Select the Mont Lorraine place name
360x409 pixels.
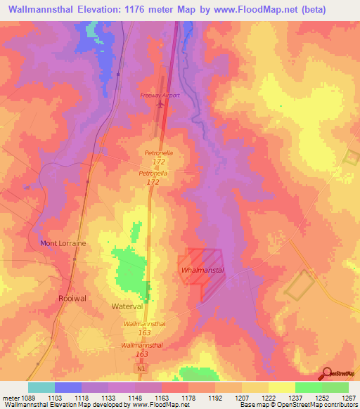[63, 243]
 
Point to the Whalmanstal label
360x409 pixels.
[202, 271]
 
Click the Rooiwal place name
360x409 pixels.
[71, 298]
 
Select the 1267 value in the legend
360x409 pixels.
[348, 398]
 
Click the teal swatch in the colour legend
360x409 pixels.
[41, 387]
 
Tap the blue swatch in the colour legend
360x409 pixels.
[68, 387]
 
